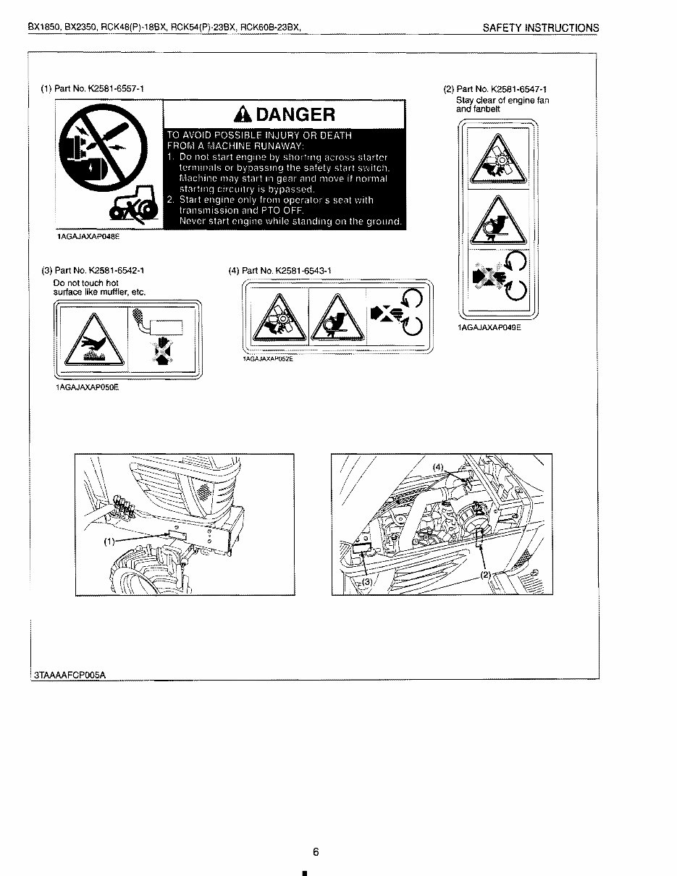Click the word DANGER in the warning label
(x=295, y=114)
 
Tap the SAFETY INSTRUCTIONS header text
(x=541, y=28)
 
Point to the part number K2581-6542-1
(x=117, y=271)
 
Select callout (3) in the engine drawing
(x=367, y=581)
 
